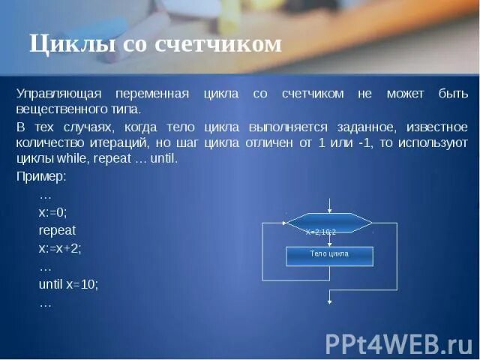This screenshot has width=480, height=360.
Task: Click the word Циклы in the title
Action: point(63,44)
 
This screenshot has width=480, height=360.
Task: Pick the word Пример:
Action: point(42,177)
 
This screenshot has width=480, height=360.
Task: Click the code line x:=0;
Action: point(52,212)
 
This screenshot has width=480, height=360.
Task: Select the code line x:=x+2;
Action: point(60,248)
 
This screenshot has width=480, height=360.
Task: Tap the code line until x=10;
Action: point(68,285)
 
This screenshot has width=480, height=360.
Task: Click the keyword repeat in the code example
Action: point(57,230)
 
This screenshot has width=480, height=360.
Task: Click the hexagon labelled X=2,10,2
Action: point(329,223)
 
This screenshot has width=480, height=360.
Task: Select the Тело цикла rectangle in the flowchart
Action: point(329,255)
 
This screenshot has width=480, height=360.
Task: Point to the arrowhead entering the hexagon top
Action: point(329,210)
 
